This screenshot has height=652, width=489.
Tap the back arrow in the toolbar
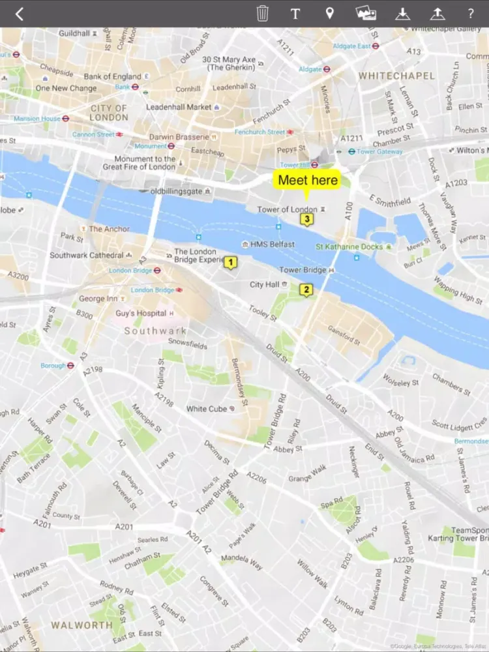(20, 14)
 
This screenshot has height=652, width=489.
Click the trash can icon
(262, 14)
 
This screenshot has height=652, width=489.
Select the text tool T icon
(295, 14)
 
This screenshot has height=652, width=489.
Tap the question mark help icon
(470, 14)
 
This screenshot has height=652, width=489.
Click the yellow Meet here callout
(308, 180)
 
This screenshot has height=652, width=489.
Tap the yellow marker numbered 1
(230, 262)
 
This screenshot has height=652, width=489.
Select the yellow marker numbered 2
(306, 289)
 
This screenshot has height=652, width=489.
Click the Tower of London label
(287, 209)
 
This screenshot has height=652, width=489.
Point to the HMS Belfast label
(273, 244)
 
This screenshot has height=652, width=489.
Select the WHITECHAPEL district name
(396, 76)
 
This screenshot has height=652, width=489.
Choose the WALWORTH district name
(82, 625)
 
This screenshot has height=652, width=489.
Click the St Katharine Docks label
(349, 247)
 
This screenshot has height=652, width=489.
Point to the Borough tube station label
(53, 366)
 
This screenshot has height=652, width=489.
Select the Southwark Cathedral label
(87, 255)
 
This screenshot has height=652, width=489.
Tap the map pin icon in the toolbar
(329, 14)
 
